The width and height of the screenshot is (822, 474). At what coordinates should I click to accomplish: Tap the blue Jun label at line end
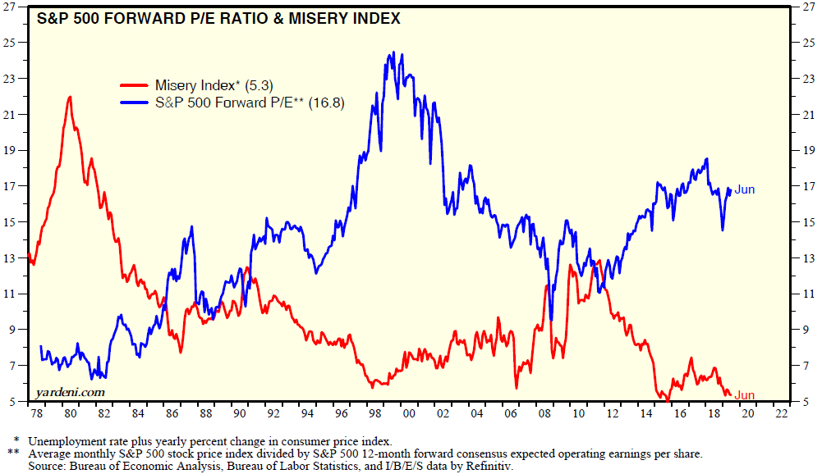(x=744, y=189)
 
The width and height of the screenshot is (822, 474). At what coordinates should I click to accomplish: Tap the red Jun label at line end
(x=744, y=395)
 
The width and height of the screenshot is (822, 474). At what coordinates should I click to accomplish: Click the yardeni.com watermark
(x=71, y=392)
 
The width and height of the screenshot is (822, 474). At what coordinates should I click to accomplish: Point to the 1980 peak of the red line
(x=70, y=97)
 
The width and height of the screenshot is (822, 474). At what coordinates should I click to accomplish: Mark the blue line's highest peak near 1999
(x=393, y=52)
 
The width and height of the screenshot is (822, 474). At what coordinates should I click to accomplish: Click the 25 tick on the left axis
(x=16, y=43)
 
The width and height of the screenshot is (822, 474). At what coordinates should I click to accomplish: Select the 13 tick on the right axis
(x=807, y=258)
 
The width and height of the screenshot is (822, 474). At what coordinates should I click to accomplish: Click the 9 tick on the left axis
(x=18, y=330)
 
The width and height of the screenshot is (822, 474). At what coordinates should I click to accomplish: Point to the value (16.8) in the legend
(x=326, y=103)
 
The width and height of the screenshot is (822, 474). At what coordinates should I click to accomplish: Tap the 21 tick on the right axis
(x=807, y=115)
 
